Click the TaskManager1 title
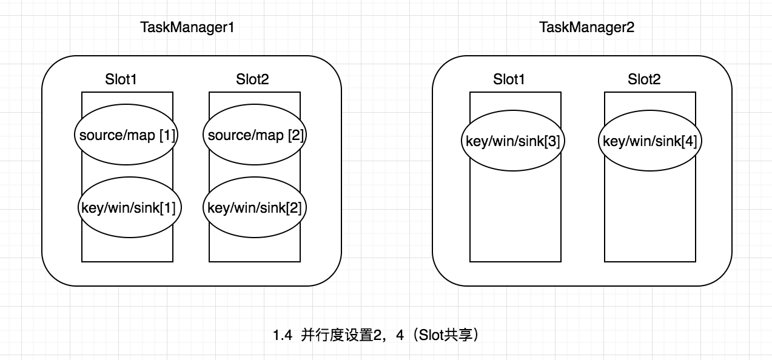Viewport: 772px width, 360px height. [187, 27]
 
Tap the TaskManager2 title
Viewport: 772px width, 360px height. [586, 27]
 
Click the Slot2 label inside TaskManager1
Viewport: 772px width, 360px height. [252, 79]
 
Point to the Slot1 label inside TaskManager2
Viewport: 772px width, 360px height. [510, 79]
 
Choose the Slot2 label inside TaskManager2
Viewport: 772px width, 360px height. [644, 79]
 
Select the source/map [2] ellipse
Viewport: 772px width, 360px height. [255, 135]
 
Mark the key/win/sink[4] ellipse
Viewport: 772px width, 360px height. [649, 141]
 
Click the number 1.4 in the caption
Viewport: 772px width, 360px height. [283, 335]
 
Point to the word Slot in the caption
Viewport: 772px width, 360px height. [431, 335]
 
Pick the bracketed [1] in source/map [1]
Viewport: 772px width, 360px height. [167, 135]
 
